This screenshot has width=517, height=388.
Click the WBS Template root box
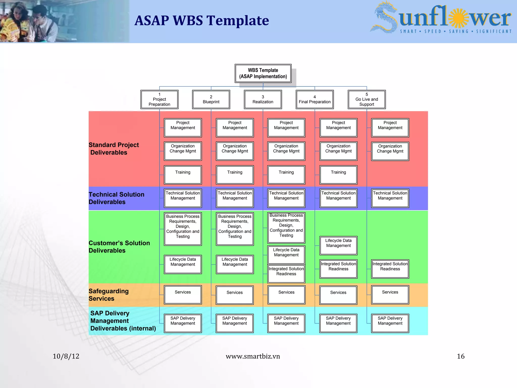(x=263, y=74)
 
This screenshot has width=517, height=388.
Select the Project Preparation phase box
(x=159, y=100)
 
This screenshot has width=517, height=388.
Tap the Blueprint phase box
(x=211, y=100)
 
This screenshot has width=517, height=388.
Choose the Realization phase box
(x=263, y=100)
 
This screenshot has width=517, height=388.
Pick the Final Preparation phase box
(x=315, y=100)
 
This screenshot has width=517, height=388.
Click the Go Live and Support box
(x=367, y=100)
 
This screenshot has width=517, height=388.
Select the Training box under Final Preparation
(x=338, y=175)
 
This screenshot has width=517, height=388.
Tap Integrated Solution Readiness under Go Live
(x=390, y=269)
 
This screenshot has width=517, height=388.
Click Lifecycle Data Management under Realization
(x=286, y=255)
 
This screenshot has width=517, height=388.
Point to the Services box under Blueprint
(x=235, y=295)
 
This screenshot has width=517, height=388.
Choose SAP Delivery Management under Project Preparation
(x=183, y=323)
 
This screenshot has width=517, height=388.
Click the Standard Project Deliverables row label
(x=114, y=149)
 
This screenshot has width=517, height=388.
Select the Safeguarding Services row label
(x=109, y=295)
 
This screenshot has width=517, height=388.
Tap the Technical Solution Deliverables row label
(x=116, y=198)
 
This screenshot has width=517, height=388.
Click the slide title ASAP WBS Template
(x=202, y=20)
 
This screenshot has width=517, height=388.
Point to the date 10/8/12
(x=66, y=356)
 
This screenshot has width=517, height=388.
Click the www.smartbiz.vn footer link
(x=253, y=356)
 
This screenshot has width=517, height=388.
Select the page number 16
(x=460, y=356)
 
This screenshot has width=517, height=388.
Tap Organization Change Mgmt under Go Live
(x=390, y=151)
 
